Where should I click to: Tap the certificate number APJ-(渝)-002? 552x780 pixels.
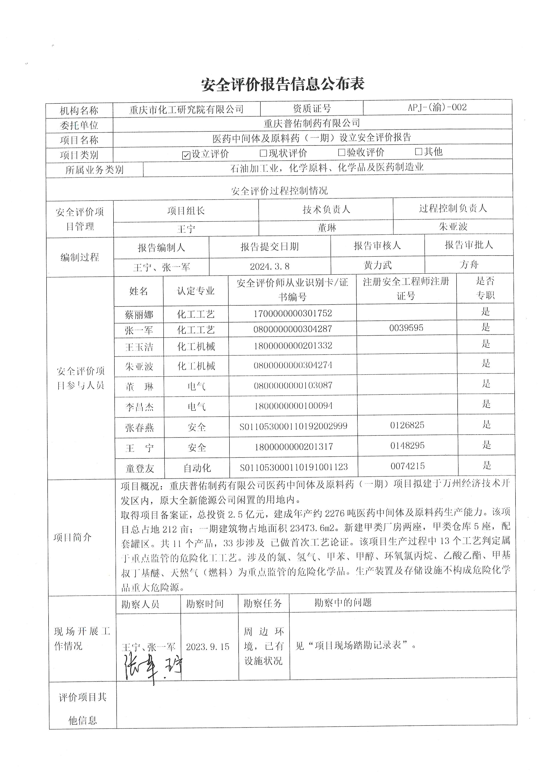(x=437, y=108)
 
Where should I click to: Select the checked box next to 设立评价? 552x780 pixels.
(x=186, y=155)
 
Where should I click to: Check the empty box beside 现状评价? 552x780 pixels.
(x=263, y=153)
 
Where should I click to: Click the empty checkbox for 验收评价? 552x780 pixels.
(x=342, y=153)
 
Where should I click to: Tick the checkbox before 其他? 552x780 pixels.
(x=419, y=151)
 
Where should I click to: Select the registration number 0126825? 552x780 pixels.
(x=407, y=425)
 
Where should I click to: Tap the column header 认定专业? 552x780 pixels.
(x=196, y=291)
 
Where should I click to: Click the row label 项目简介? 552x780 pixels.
(x=73, y=537)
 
